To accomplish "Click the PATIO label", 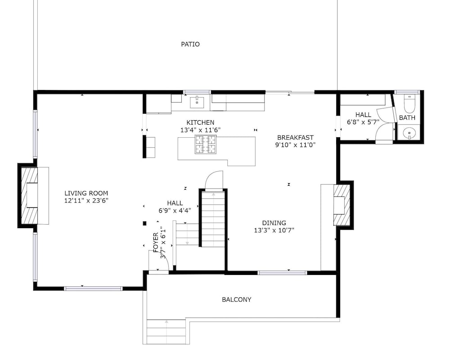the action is click(190, 44).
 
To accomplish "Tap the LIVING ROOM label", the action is click(86, 193).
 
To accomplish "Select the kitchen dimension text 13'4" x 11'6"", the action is click(200, 130).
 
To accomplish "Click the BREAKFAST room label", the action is click(295, 138).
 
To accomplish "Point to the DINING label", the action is click(274, 223).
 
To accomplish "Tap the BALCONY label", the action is click(237, 300).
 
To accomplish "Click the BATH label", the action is click(407, 118).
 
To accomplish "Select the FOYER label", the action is click(156, 243).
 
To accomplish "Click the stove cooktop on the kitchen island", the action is click(206, 144).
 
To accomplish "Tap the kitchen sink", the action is click(197, 102).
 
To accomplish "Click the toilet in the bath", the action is click(409, 103).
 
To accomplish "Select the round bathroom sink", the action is click(409, 133).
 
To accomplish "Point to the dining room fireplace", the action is click(342, 205).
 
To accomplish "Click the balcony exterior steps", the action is click(166, 332).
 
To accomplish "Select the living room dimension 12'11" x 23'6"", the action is click(86, 201).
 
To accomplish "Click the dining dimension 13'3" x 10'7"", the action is click(274, 230).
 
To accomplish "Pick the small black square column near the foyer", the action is click(144, 223).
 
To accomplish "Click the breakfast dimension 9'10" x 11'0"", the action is click(295, 145).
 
